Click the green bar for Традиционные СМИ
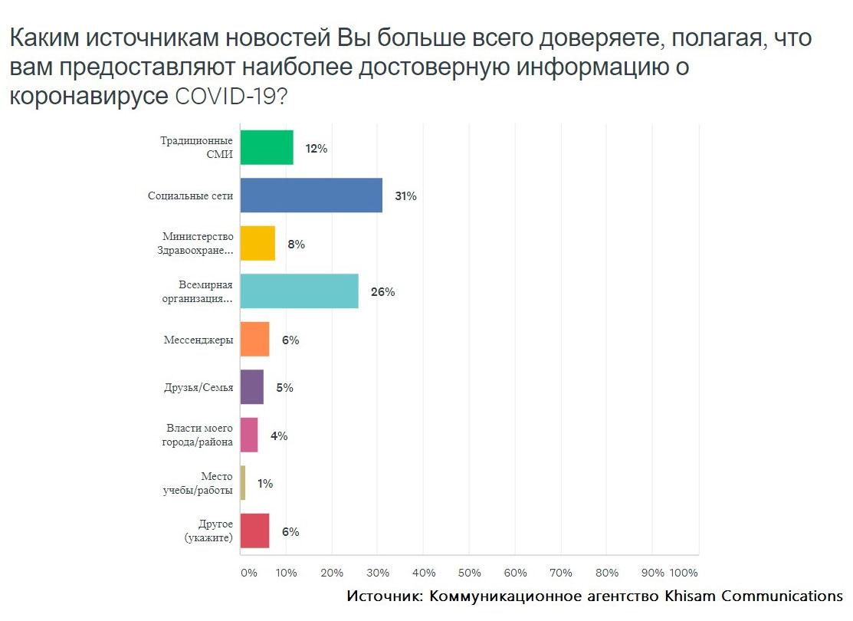pyautogui.click(x=267, y=148)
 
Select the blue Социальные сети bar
pyautogui.click(x=311, y=195)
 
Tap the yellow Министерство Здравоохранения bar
pyautogui.click(x=258, y=244)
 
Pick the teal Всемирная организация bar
pyautogui.click(x=299, y=292)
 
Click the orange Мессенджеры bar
pyautogui.click(x=254, y=340)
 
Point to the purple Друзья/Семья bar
pyautogui.click(x=251, y=388)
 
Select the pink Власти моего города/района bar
pyautogui.click(x=249, y=435)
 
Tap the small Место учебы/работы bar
pyautogui.click(x=243, y=484)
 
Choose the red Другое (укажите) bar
pyautogui.click(x=254, y=531)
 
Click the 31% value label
pyautogui.click(x=405, y=196)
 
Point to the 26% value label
pyautogui.click(x=382, y=292)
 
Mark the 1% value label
pyautogui.click(x=265, y=484)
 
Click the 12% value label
pyautogui.click(x=316, y=149)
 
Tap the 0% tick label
pyautogui.click(x=248, y=573)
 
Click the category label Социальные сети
pyautogui.click(x=190, y=195)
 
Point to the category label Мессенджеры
pyautogui.click(x=198, y=340)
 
